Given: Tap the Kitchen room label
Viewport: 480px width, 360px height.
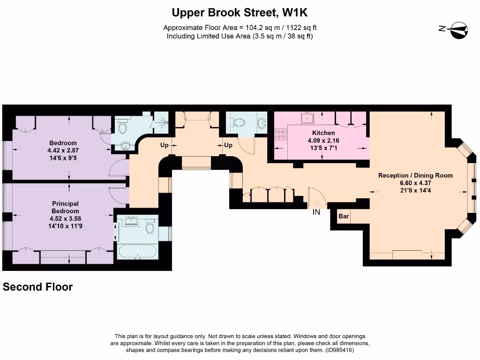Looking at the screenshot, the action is pyautogui.click(x=323, y=133).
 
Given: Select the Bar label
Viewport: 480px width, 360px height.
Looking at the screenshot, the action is pyautogui.click(x=344, y=217).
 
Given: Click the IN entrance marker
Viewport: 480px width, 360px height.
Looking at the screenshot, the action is pyautogui.click(x=316, y=212).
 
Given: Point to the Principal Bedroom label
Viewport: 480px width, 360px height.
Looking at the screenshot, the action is pyautogui.click(x=65, y=207).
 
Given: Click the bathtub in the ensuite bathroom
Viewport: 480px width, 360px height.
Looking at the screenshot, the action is pyautogui.click(x=137, y=251).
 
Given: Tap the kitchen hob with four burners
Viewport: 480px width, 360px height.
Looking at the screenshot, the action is pyautogui.click(x=281, y=134).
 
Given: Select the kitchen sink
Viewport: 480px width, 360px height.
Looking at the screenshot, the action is pyautogui.click(x=307, y=118).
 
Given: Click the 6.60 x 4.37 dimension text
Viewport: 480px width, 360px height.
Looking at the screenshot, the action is pyautogui.click(x=415, y=183).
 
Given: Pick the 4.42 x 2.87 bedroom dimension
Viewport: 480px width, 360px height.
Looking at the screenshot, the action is pyautogui.click(x=63, y=150).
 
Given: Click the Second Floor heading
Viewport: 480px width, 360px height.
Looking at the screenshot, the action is pyautogui.click(x=37, y=287).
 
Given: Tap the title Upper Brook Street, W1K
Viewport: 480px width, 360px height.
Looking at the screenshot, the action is pyautogui.click(x=240, y=13).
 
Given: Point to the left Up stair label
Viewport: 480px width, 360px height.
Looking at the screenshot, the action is pyautogui.click(x=165, y=145).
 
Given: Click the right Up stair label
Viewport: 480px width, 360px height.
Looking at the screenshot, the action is pyautogui.click(x=228, y=145).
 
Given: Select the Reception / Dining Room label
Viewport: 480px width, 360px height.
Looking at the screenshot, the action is pyautogui.click(x=415, y=175).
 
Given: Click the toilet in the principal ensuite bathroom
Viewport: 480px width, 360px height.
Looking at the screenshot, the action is pyautogui.click(x=150, y=226).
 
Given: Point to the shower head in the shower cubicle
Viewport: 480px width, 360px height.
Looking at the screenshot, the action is pyautogui.click(x=165, y=122).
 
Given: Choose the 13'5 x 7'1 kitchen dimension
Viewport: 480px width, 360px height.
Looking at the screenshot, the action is pyautogui.click(x=323, y=148).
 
